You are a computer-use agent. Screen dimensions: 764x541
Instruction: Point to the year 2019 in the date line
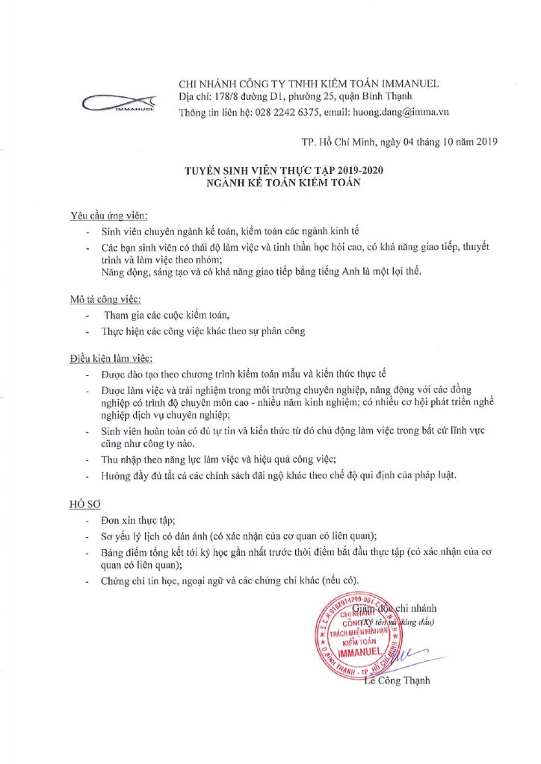pyautogui.click(x=486, y=141)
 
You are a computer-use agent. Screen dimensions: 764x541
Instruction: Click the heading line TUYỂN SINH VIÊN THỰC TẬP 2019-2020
pyautogui.click(x=287, y=172)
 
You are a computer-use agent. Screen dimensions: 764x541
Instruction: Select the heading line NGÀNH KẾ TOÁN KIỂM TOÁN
pyautogui.click(x=287, y=183)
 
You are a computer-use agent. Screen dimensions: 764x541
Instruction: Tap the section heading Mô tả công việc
pyautogui.click(x=105, y=299)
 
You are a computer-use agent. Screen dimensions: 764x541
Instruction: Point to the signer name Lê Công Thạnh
pyautogui.click(x=397, y=680)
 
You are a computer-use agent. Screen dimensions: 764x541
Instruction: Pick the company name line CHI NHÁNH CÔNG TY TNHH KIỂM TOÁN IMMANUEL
pyautogui.click(x=309, y=83)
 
